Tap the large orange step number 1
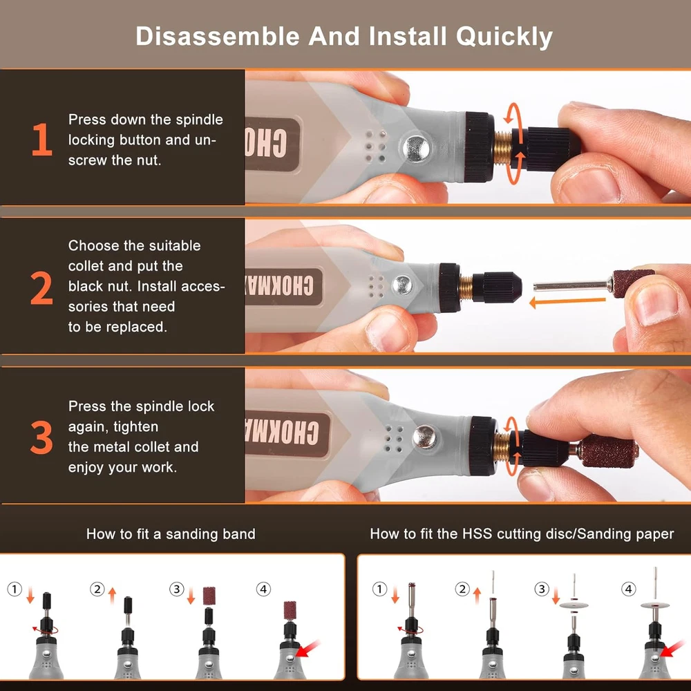click(x=42, y=140)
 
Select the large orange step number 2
click(x=41, y=288)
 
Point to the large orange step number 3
click(x=41, y=437)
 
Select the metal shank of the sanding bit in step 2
click(x=571, y=286)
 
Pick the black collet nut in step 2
click(x=497, y=287)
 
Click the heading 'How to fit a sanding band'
click(x=171, y=534)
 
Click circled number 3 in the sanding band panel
click(x=177, y=589)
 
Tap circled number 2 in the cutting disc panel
click(x=462, y=589)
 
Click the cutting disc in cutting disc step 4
click(x=655, y=605)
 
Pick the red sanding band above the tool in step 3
click(x=209, y=596)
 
